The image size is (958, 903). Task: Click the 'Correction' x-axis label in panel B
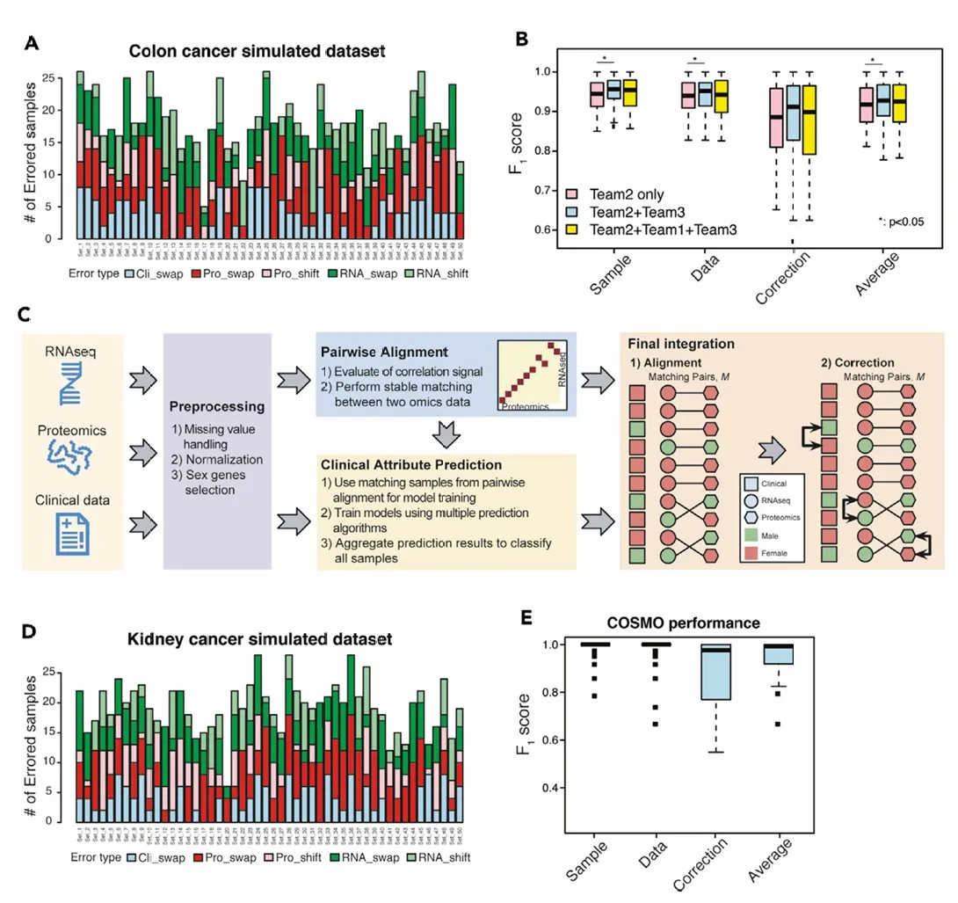(782, 278)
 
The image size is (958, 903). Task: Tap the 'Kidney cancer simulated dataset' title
(257, 637)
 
